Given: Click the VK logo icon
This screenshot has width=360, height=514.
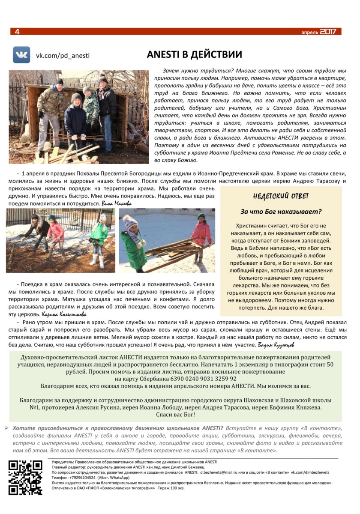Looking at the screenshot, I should [21, 55].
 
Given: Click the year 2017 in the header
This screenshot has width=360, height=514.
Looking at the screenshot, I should [328, 32].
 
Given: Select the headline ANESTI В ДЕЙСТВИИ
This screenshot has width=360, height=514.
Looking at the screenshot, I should [194, 55].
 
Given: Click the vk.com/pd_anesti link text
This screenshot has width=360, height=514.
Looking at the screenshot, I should [63, 55].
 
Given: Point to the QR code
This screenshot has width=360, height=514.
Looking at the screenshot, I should [26, 478].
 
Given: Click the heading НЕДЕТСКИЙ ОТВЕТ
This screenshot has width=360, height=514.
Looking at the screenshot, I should [281, 196].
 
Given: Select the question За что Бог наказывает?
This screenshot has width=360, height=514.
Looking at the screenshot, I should [281, 212].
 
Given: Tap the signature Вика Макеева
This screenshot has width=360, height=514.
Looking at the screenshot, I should [117, 203].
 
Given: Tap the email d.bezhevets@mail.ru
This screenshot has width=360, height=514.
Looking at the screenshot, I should [220, 472].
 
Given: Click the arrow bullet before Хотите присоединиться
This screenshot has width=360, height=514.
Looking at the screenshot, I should [7, 428].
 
